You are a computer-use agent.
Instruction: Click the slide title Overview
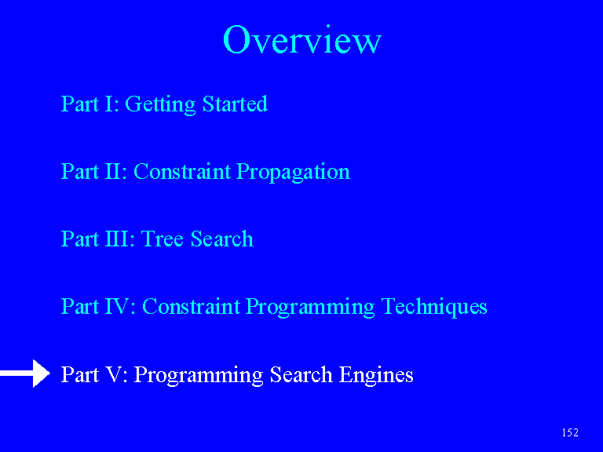coord(301,39)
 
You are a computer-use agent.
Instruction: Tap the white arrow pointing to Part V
coord(25,374)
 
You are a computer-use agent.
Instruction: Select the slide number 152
coord(570,432)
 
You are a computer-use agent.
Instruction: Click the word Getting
coord(160,104)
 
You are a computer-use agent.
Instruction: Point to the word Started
coord(235,104)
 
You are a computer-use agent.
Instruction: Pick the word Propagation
coord(293,172)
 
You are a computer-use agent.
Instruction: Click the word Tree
coord(162,239)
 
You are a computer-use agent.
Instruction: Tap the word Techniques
coord(434,307)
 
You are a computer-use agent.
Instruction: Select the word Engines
coord(376,375)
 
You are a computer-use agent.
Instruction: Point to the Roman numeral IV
coord(117,306)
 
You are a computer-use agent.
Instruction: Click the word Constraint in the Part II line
coord(182,171)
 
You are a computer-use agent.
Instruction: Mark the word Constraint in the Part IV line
coord(191,306)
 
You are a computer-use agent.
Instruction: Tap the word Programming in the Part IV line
coord(310,307)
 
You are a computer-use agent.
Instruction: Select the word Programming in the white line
coord(199,375)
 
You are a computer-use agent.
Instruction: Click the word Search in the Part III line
coord(222,239)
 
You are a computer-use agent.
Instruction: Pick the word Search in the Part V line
coord(301,374)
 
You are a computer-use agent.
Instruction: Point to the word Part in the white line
coord(80,374)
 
